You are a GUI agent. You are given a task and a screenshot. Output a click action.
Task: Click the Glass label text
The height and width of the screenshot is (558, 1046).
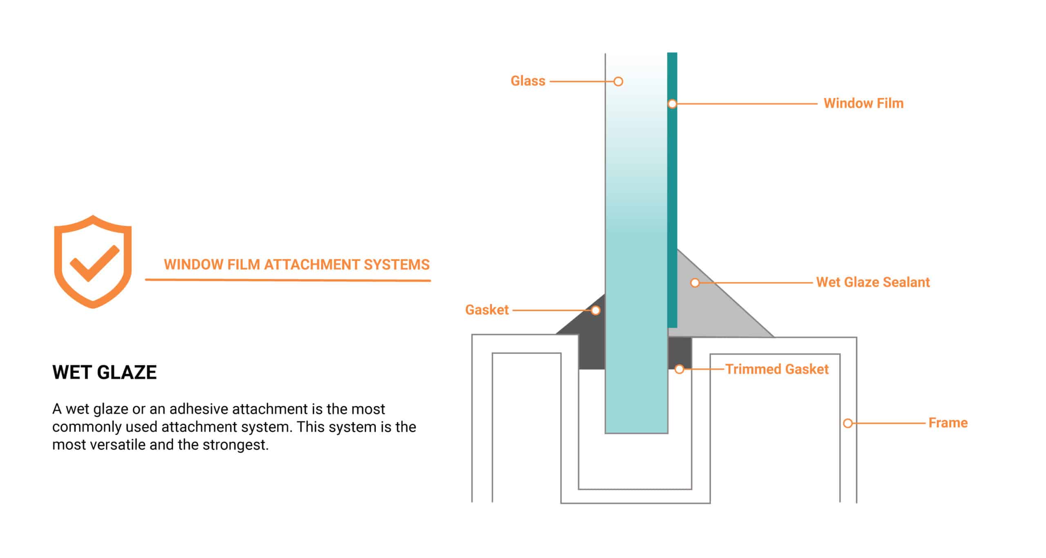click(x=527, y=81)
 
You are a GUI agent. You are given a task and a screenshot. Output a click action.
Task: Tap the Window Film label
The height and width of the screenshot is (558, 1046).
click(x=863, y=103)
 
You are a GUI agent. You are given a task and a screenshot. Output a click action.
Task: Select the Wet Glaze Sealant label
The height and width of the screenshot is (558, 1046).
click(x=873, y=282)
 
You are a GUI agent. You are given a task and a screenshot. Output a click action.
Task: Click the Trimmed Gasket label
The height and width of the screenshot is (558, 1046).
click(x=777, y=370)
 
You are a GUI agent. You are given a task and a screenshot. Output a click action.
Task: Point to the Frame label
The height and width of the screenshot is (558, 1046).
click(x=948, y=423)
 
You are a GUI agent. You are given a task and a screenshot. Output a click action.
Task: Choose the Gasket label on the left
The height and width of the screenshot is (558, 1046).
click(x=487, y=310)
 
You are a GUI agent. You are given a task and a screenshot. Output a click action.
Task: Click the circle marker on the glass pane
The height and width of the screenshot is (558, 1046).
click(x=618, y=81)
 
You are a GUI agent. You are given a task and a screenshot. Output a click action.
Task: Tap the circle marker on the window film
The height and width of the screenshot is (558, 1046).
click(x=672, y=104)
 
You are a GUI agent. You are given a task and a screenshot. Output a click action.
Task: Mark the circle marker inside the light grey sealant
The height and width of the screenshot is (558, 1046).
click(x=695, y=282)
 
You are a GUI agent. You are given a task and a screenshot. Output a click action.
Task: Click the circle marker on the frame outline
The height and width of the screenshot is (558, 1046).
click(x=848, y=423)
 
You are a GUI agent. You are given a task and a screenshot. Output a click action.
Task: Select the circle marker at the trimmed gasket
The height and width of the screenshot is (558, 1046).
click(x=679, y=370)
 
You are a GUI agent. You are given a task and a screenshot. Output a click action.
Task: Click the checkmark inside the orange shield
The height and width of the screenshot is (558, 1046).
click(x=94, y=264)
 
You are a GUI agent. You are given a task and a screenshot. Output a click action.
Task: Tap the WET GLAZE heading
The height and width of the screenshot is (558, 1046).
click(x=105, y=372)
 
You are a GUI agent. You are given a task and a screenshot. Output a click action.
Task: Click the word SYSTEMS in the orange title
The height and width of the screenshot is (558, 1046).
click(x=396, y=265)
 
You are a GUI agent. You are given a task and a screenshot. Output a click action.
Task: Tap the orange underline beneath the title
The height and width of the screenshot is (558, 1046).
click(x=288, y=280)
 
